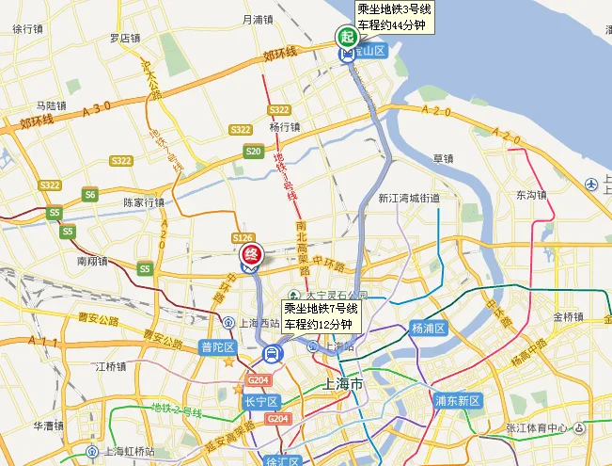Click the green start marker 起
347,38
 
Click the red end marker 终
251,254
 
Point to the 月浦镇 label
258,19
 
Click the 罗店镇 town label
124,39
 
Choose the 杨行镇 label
283,127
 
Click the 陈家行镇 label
144,201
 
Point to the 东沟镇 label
531,195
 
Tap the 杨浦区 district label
428,329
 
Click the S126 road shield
243,237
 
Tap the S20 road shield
253,151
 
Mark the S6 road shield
89,194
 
